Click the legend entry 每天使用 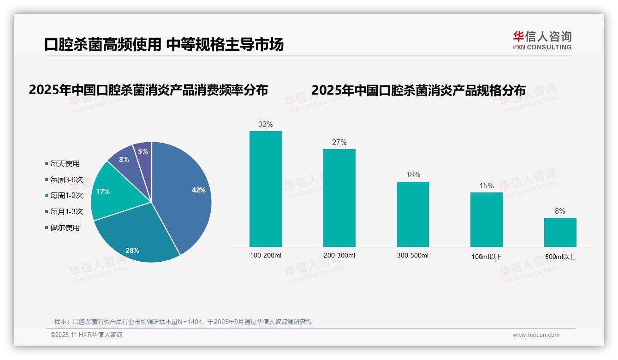65,164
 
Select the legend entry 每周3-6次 66,180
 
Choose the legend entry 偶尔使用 65,228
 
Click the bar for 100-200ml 266,189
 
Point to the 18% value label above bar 413,175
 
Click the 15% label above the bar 487,186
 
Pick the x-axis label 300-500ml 413,255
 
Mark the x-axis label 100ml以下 487,257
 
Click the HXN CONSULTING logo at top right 542,41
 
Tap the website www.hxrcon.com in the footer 536,335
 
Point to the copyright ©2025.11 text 64,335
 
